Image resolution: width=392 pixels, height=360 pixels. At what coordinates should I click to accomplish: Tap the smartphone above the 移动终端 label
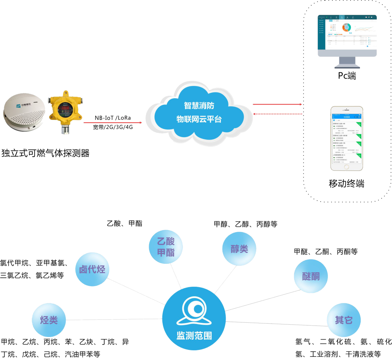point(347,138)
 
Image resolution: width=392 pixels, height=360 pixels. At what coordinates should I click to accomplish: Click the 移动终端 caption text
point(347,184)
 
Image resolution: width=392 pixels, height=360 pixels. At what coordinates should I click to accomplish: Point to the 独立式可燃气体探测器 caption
point(45,153)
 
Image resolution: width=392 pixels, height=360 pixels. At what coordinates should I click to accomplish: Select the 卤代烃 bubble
point(92,269)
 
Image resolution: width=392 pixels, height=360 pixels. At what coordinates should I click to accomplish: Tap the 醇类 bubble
point(239,249)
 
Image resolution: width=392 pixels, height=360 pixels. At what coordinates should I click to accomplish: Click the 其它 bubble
point(344,320)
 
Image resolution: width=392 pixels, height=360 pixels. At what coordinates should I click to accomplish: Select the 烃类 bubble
point(49,320)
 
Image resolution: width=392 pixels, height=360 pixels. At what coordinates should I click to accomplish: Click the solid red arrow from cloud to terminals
point(277,104)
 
